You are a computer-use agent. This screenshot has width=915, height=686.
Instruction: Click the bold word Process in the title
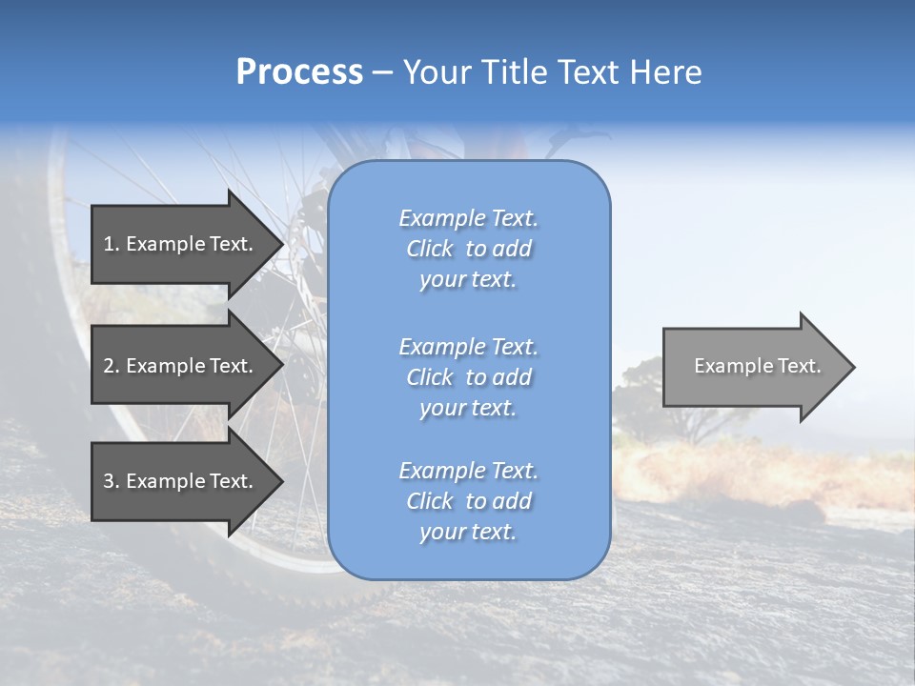click(299, 72)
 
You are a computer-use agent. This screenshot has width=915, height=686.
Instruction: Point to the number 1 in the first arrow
click(109, 244)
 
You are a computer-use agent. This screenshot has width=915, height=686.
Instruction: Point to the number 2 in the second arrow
click(109, 366)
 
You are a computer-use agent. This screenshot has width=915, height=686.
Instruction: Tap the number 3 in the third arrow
click(109, 481)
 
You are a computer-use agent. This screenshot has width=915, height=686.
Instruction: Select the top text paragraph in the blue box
click(468, 249)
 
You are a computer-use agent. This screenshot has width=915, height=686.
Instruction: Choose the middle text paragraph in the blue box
click(468, 377)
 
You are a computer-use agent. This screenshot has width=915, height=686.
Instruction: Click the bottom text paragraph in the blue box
click(468, 501)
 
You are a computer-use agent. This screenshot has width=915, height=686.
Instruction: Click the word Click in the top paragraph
click(430, 249)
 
